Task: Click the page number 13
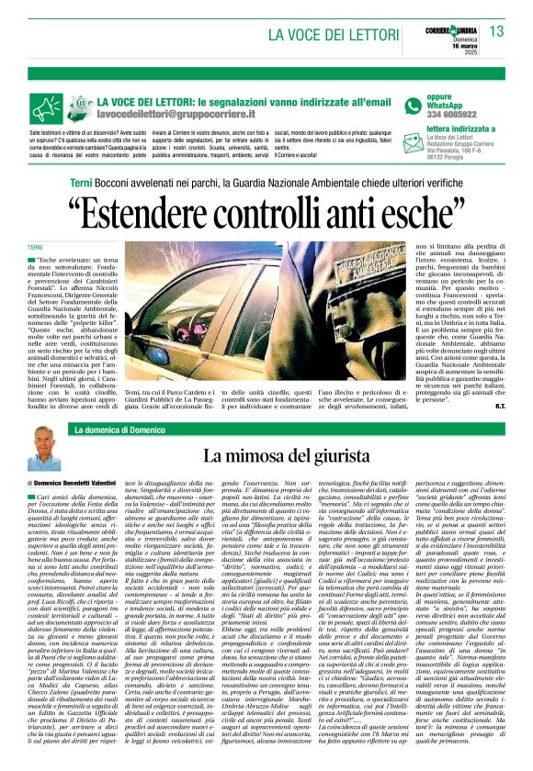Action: (496, 31)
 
